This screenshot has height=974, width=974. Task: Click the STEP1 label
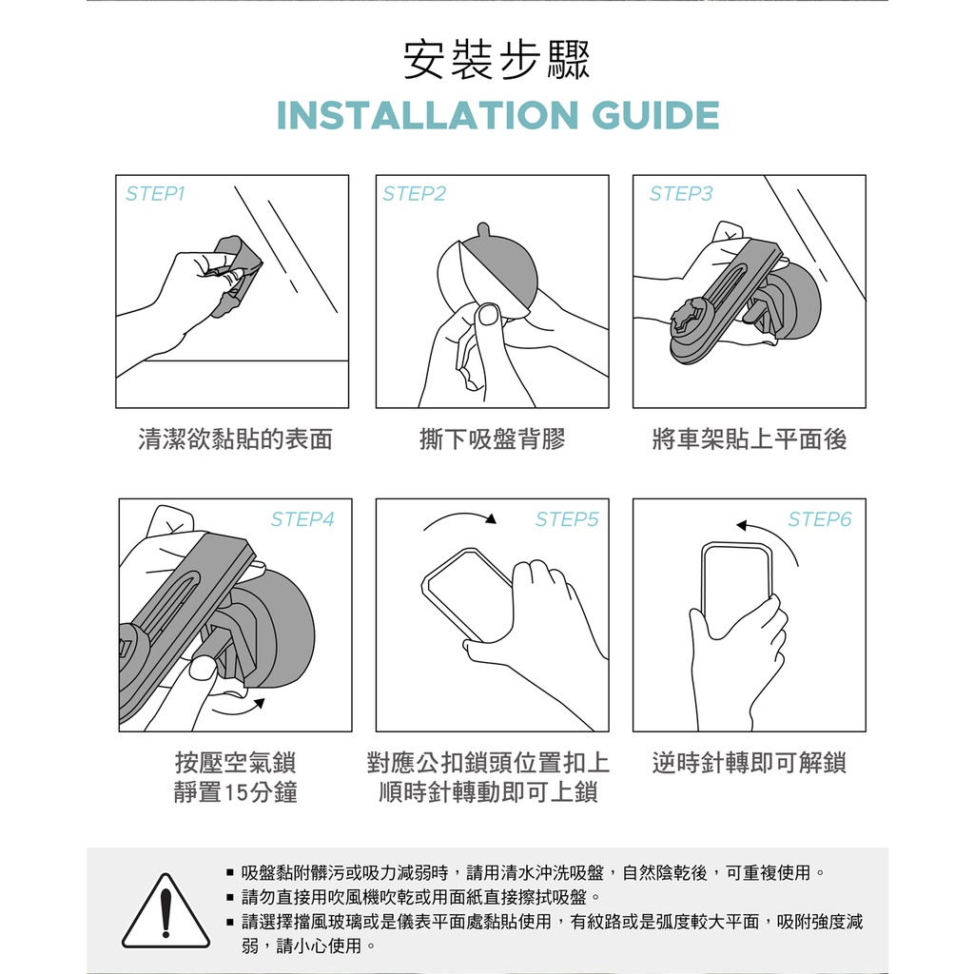click(155, 194)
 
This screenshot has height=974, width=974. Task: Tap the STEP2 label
click(415, 194)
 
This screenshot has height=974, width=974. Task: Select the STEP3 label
click(681, 194)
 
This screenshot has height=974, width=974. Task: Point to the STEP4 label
click(302, 518)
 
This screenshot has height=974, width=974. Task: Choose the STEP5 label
click(567, 518)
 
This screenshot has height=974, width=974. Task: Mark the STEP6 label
click(820, 518)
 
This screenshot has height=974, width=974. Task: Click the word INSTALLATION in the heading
click(428, 115)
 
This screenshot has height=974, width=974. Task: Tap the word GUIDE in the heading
click(655, 115)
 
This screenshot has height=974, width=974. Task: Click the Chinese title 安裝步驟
click(497, 60)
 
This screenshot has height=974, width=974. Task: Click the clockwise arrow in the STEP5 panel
click(460, 515)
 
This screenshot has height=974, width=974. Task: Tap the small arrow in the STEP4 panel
click(239, 710)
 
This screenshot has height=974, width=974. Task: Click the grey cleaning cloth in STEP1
click(234, 273)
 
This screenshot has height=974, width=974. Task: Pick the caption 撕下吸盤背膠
click(493, 439)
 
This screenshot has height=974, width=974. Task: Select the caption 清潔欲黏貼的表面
click(236, 439)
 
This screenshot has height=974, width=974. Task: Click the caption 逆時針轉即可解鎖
click(750, 763)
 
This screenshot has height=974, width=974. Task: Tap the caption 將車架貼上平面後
click(750, 439)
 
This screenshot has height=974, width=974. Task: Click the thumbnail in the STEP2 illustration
click(490, 315)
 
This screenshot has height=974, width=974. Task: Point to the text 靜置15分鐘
click(236, 792)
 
